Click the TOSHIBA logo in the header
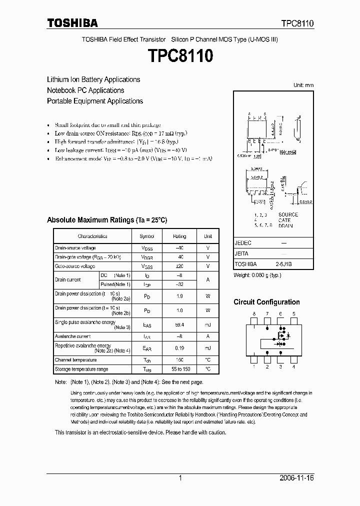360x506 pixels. (x=72, y=23)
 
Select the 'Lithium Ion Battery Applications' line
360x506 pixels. (x=93, y=79)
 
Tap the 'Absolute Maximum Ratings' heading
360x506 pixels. (x=106, y=220)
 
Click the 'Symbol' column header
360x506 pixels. (x=146, y=236)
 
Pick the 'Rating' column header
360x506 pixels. (x=179, y=236)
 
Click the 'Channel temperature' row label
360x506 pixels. (x=76, y=360)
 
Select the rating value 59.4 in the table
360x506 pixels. (x=179, y=325)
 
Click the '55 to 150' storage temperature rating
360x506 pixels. (x=179, y=369)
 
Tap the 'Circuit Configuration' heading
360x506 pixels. (x=266, y=302)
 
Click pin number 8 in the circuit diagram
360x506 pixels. (x=254, y=314)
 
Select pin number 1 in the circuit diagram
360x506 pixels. (x=254, y=367)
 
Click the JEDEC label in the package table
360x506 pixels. (x=243, y=243)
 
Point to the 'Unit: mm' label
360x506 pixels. (x=303, y=85)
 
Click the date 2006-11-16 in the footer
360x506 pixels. (x=296, y=478)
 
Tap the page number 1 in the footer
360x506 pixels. (x=180, y=478)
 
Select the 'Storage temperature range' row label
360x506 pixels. (x=81, y=369)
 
